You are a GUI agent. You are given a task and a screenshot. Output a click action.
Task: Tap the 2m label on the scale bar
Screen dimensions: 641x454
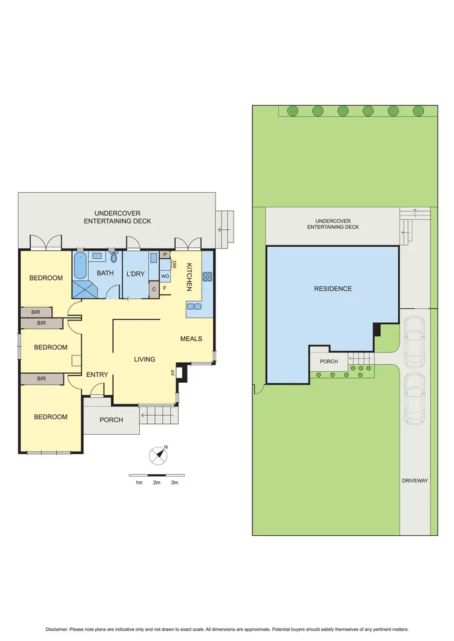157,483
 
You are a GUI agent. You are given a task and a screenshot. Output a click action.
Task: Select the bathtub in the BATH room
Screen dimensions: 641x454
80,267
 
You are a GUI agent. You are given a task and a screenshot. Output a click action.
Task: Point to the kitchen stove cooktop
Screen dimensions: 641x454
207,277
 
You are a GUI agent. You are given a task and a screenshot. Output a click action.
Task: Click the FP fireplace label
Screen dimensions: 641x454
173,373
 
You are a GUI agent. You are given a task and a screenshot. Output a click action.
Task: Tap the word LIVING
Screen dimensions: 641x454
145,359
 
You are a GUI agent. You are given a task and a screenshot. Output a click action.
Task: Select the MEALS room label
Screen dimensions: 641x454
191,339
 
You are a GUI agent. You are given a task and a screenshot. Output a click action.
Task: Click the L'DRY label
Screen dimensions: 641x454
136,274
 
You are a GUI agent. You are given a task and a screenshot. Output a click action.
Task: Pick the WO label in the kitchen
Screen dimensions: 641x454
165,276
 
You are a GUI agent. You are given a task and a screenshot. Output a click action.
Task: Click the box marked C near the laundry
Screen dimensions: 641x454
154,289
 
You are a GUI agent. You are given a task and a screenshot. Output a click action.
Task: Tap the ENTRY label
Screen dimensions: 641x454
97,375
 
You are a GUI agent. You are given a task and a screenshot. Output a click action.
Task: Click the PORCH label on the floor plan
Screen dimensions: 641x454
111,420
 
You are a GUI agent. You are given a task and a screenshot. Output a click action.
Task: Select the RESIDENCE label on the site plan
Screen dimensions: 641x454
332,289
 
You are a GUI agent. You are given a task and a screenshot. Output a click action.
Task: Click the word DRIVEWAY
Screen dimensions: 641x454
415,480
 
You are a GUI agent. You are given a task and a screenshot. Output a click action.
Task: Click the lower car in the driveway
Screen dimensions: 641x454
415,399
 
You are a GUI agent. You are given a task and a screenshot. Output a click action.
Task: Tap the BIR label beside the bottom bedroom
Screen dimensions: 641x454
41,379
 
